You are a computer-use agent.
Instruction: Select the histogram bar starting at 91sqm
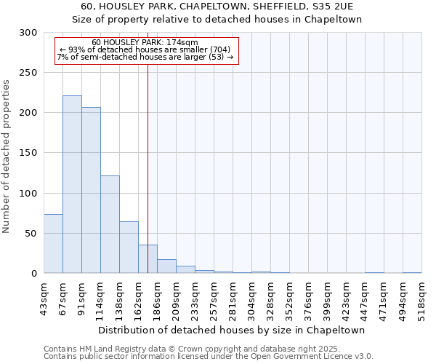click(x=91, y=190)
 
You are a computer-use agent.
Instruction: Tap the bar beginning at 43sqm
click(x=53, y=244)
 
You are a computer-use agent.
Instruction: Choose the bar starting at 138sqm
click(x=129, y=248)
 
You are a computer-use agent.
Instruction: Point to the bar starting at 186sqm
click(x=166, y=266)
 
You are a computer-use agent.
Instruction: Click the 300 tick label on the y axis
click(x=28, y=33)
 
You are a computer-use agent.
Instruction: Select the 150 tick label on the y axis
click(x=28, y=153)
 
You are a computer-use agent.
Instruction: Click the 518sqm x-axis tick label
click(x=422, y=300)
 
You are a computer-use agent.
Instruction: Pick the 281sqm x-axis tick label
click(x=233, y=300)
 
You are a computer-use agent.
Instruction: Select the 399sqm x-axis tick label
click(x=328, y=300)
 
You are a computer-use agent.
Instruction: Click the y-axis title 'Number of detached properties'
click(x=7, y=157)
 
